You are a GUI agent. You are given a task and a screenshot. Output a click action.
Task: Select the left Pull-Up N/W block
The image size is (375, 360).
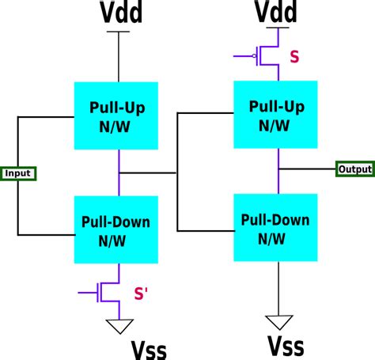(118, 114)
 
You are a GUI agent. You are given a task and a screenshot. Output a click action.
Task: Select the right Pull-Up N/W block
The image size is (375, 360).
(278, 114)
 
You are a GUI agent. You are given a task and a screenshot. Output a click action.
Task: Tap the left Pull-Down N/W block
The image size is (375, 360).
(118, 229)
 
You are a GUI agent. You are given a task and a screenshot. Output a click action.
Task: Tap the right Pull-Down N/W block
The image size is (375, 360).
(278, 227)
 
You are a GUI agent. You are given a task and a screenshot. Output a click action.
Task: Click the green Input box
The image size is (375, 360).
(18, 172)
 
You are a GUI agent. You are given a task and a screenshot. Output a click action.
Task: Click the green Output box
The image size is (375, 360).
(354, 169)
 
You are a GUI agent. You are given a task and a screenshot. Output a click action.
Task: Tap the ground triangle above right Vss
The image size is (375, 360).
(278, 321)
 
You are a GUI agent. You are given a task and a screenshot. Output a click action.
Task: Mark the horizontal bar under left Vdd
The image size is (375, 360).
(118, 32)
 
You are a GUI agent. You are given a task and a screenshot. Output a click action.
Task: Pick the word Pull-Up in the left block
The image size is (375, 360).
(118, 106)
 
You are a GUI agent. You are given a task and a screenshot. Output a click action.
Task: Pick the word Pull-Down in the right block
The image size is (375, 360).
(278, 219)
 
